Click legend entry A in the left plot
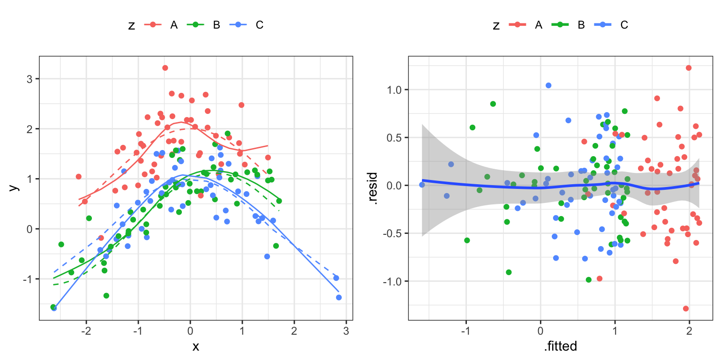tap(174, 25)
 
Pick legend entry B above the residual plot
tap(581, 25)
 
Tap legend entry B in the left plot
tap(217, 25)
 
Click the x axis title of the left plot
tap(196, 346)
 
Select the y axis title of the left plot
tap(14, 187)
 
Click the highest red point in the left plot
tap(165, 68)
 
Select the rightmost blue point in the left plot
tap(338, 297)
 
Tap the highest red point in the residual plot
tap(689, 68)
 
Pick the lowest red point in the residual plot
tap(686, 308)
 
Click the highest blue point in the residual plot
tap(548, 85)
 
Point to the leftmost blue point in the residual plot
tap(422, 185)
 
